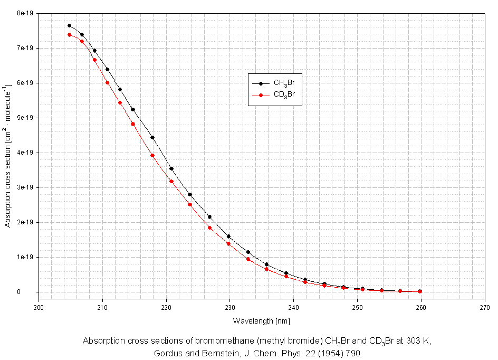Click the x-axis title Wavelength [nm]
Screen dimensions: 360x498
point(261,321)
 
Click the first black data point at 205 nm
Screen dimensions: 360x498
point(69,25)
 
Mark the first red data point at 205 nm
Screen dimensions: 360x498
point(69,35)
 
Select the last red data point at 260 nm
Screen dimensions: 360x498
point(420,291)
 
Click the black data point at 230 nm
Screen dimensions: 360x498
point(228,236)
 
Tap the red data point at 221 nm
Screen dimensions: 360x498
point(171,182)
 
